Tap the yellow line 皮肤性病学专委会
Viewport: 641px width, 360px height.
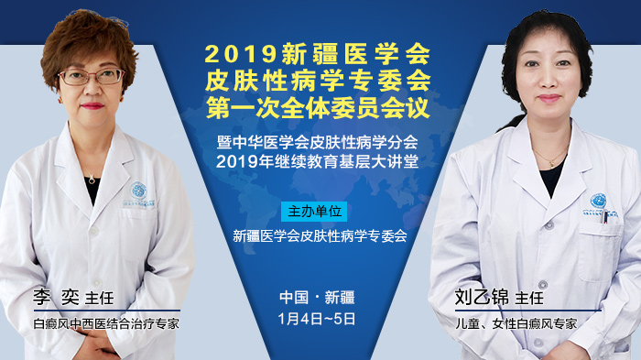point(319,79)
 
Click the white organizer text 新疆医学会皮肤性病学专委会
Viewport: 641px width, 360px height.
point(320,235)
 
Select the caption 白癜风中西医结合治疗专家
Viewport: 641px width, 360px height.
point(105,323)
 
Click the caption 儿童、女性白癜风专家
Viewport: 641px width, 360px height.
point(516,323)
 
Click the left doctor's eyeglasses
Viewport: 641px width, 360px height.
point(91,76)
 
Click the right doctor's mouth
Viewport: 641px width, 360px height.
point(549,98)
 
